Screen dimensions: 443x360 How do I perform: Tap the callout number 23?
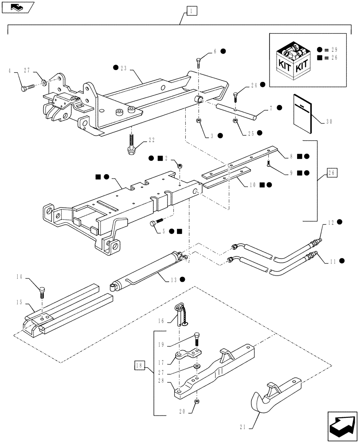123,68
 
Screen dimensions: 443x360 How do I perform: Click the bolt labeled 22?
131,146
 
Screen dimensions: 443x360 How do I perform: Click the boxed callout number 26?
333,172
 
